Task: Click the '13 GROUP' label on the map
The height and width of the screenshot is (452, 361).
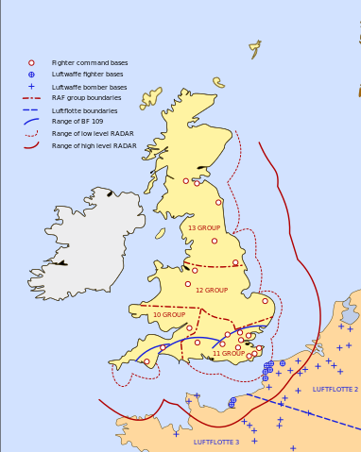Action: coord(203,228)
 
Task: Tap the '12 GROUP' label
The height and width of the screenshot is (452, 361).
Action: coord(212,290)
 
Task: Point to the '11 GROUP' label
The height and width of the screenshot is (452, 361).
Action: coord(228,353)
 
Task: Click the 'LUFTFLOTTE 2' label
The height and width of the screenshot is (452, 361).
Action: coord(335,389)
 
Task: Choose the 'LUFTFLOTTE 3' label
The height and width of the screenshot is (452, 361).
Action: coord(216,442)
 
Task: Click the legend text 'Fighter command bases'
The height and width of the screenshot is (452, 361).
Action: coord(90,62)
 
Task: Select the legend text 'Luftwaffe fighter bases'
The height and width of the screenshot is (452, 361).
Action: coord(87,74)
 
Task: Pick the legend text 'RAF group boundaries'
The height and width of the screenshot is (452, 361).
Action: coord(85,98)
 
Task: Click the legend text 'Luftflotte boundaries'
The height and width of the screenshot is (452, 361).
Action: coord(84,110)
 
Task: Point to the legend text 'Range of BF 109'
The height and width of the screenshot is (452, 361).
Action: coord(77,122)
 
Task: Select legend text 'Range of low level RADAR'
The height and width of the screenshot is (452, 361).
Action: coord(93,134)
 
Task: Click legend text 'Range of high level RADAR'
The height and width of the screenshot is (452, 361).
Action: coord(94,146)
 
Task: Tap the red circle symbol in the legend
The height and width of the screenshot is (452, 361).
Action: coord(31,62)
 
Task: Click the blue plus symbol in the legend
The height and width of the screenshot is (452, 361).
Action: coord(31,86)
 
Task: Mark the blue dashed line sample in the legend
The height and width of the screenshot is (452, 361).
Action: coord(31,110)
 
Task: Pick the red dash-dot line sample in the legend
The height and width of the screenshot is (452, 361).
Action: coord(31,98)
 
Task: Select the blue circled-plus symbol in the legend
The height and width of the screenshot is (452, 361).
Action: coord(31,74)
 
